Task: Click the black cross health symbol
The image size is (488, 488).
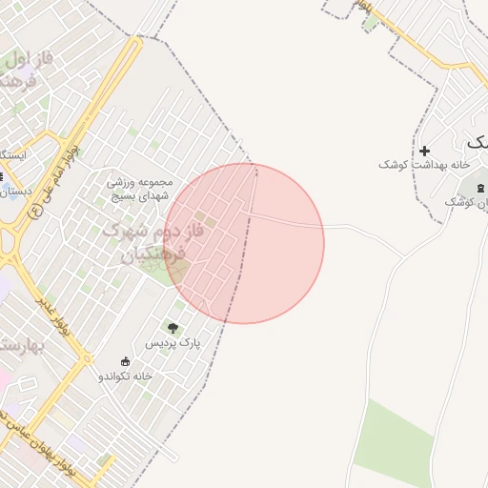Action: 424,151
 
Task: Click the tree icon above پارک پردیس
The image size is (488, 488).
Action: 173,328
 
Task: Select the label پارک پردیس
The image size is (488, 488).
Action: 173,342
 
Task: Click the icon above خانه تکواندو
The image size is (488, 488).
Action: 125,361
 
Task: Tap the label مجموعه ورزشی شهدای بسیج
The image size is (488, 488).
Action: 139,188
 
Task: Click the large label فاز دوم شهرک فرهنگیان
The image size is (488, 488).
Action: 143,244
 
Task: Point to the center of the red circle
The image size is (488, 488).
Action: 244,244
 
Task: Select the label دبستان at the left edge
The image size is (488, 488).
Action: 13,191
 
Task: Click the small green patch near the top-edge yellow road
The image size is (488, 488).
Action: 370,22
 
